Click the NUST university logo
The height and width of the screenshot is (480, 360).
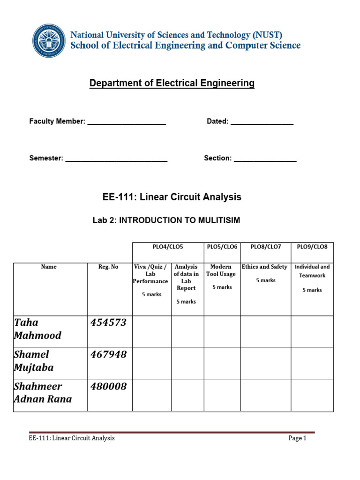coord(49,40)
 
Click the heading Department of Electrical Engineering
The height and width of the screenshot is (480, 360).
coord(172,83)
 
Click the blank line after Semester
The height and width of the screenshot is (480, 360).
coord(116,159)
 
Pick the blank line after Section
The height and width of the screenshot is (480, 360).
coord(265,159)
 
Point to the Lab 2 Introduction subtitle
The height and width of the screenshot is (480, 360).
coord(166,220)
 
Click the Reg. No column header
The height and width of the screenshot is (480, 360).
coord(108,267)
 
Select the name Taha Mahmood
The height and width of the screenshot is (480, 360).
coord(37,329)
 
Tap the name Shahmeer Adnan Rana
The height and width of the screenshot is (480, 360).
coord(43,393)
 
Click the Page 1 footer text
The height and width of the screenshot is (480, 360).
coord(297,438)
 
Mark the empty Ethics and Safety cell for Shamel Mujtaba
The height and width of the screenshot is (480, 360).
coord(265,364)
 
